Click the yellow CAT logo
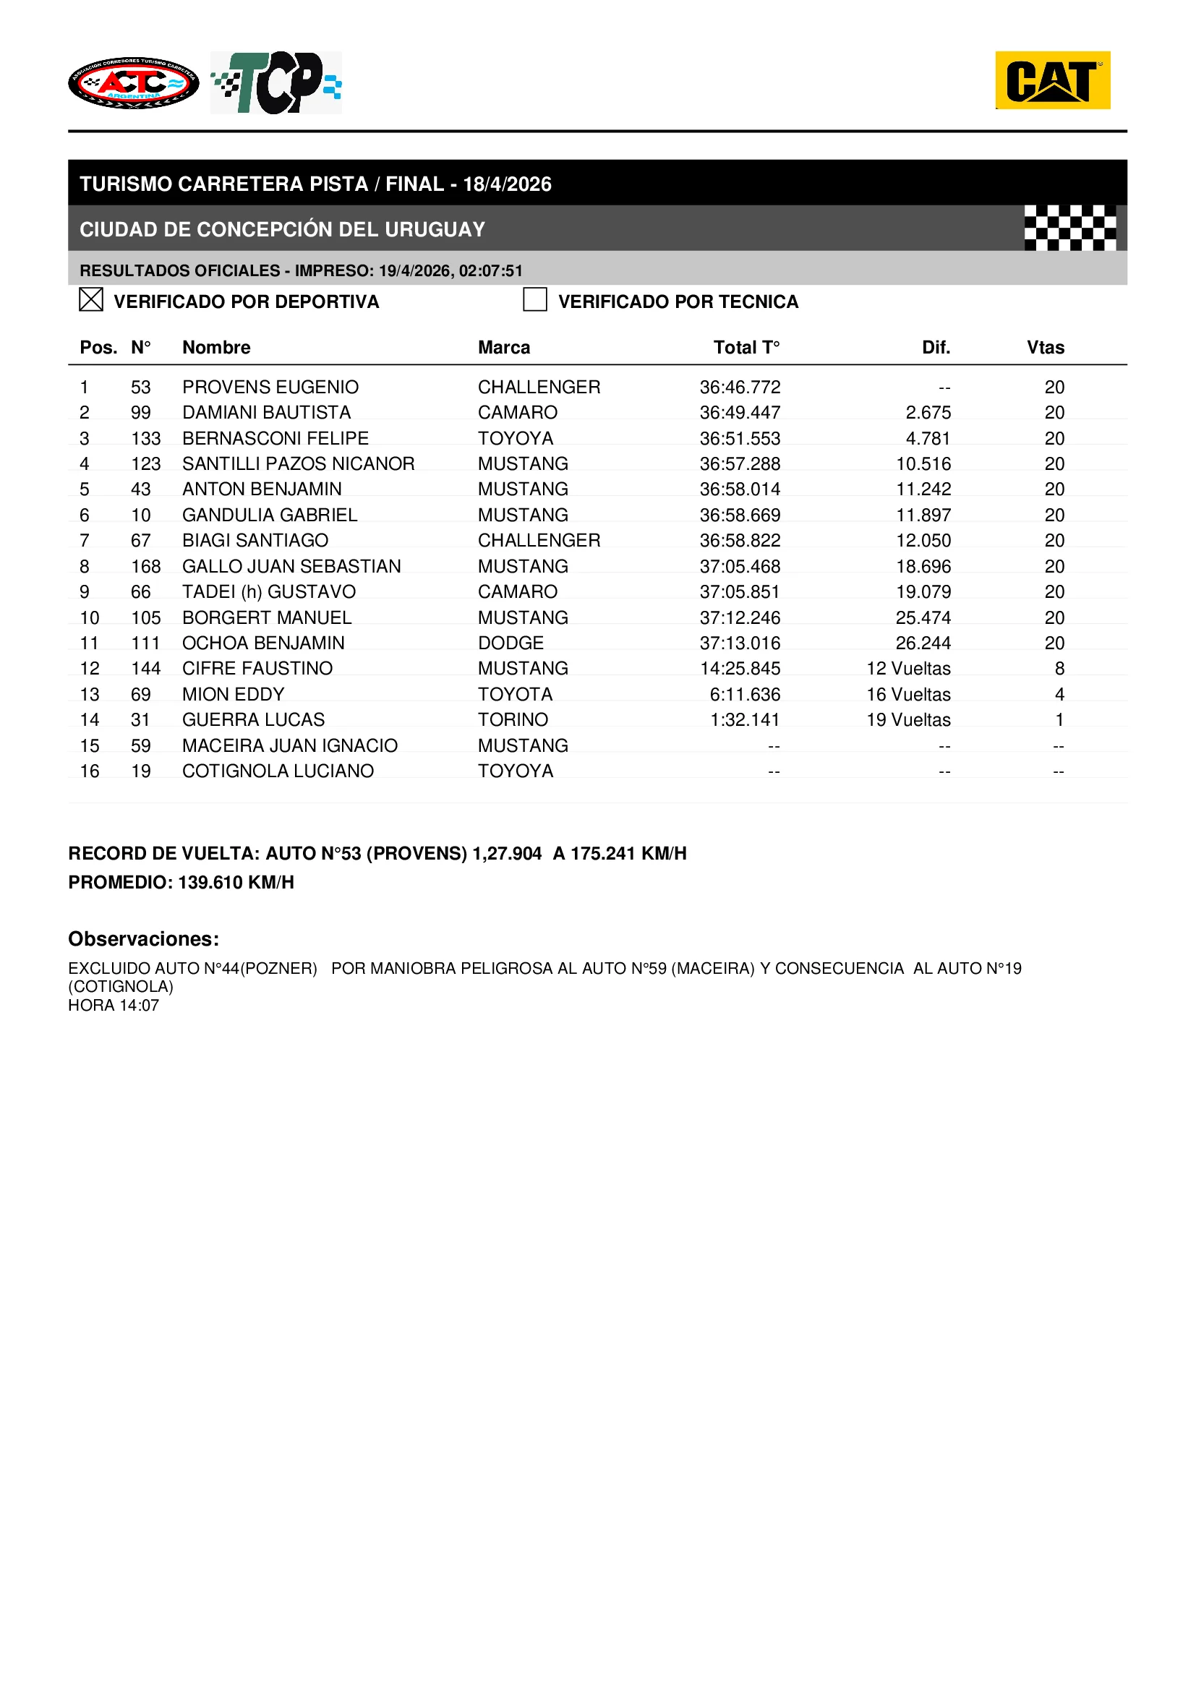click(x=1052, y=80)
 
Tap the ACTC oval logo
click(x=133, y=83)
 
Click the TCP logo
click(x=276, y=82)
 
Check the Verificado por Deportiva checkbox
click(x=90, y=300)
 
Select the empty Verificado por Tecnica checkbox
click(x=534, y=300)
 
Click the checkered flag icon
click(x=1069, y=228)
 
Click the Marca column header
click(x=504, y=348)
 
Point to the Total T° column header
click(x=746, y=348)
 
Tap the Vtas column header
click(x=1045, y=348)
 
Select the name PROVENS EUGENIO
click(x=270, y=388)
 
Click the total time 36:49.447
click(x=740, y=412)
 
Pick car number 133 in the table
click(x=146, y=438)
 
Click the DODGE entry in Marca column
click(x=511, y=643)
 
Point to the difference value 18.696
click(x=923, y=566)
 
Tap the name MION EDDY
click(x=233, y=695)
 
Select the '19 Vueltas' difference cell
click(x=908, y=719)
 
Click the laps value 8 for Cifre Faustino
click(x=1059, y=669)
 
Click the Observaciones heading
click(x=144, y=939)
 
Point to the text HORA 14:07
click(x=114, y=1006)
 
